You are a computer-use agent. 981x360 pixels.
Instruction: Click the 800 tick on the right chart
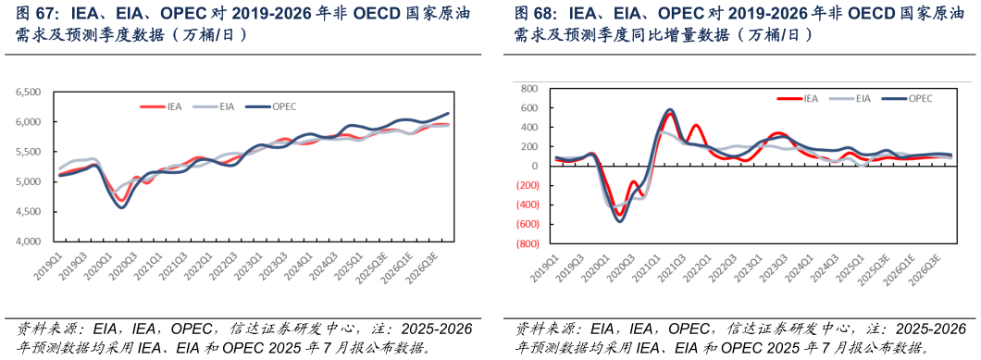coord(529,89)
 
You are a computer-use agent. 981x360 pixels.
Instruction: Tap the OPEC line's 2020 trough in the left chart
coord(121,206)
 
